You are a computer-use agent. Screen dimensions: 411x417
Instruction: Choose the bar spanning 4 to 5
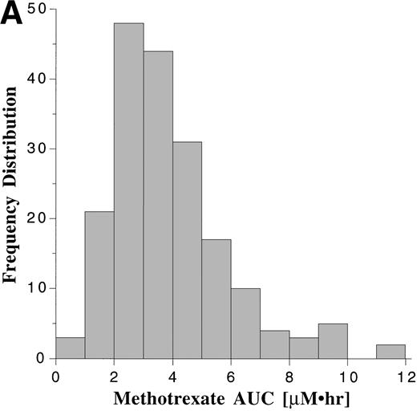point(187,250)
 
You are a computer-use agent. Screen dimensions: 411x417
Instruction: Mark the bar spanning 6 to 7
point(245,323)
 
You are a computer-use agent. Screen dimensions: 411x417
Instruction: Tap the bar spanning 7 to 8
point(274,344)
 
